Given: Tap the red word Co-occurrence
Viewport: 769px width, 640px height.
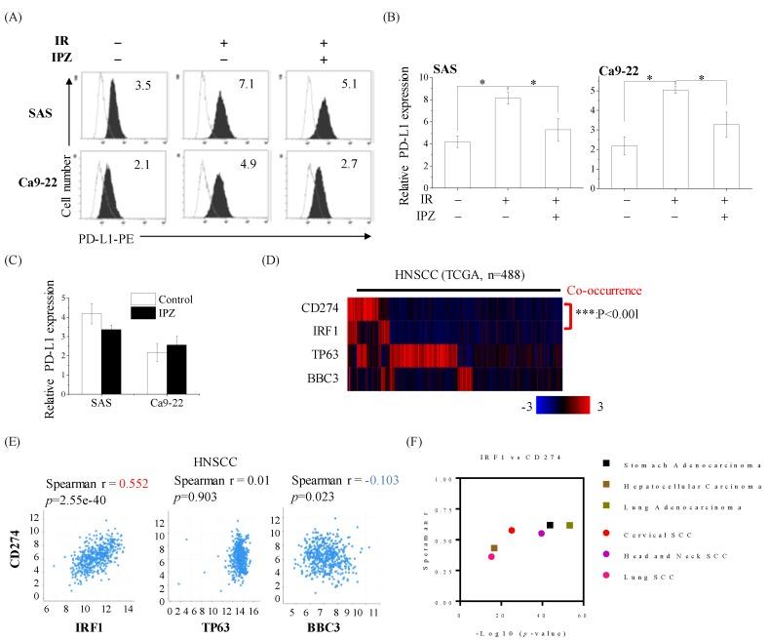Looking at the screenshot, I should point(606,291).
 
